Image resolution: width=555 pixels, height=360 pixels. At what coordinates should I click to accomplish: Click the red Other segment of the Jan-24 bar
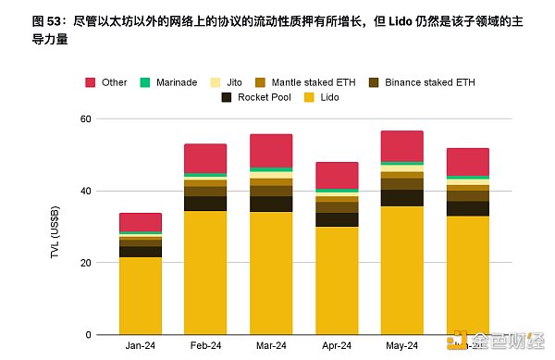click(141, 222)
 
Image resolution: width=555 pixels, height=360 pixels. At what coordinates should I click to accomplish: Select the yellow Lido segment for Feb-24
click(205, 273)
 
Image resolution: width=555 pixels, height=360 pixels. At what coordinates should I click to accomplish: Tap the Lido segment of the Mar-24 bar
click(271, 273)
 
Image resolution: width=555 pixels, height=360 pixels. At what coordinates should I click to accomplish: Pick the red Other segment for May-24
click(401, 146)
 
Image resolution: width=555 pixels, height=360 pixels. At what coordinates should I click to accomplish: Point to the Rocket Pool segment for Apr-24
click(337, 219)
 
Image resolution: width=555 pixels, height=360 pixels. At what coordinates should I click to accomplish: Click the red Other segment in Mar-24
click(271, 151)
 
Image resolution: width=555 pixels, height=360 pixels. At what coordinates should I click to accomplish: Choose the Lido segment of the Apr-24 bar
click(337, 280)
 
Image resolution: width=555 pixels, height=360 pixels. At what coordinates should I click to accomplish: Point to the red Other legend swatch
click(92, 82)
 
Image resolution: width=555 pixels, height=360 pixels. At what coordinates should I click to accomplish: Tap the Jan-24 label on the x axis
click(141, 345)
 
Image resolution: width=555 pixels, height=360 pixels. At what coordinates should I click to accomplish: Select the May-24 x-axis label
click(401, 345)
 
